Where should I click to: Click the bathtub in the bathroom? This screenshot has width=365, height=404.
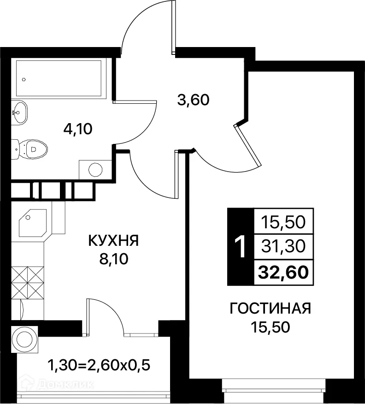59,78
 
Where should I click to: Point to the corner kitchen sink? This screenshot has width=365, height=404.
32,223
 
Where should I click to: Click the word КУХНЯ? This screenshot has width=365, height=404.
113,241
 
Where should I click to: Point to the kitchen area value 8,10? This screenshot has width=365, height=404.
113,259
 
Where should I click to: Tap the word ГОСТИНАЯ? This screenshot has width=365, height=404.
271,308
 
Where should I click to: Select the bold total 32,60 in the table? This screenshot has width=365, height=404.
283,273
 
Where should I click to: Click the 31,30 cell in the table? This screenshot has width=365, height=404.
283,248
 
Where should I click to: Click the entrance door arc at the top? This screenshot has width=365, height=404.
143,23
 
